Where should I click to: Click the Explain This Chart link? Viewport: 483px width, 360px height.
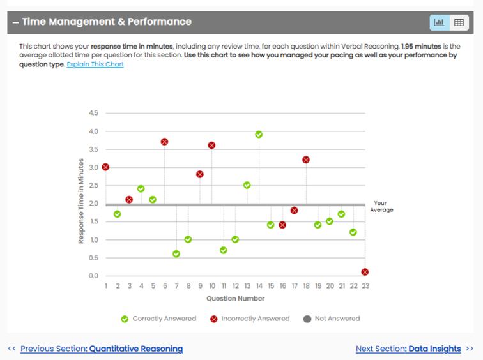coord(95,64)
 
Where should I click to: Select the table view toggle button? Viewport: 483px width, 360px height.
coord(458,22)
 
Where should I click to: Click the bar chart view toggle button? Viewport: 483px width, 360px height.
coord(440,22)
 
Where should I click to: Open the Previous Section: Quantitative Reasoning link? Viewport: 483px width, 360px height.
coord(102,349)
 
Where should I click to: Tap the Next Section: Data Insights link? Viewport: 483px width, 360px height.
coord(408,349)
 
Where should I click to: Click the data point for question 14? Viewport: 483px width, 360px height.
coord(259,135)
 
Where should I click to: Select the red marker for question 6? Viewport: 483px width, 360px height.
coord(165,142)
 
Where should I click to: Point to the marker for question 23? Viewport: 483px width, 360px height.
coord(365,272)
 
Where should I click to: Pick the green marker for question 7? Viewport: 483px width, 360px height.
coord(176,254)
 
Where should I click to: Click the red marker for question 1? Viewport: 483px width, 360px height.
coord(105,167)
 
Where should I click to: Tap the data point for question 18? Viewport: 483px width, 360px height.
coord(306,160)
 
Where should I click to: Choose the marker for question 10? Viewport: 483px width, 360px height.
coord(212,146)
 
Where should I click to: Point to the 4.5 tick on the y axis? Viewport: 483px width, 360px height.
coord(93,113)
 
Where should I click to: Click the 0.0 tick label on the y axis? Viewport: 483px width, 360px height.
coord(93,276)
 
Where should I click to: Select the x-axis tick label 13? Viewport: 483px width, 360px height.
coord(247,286)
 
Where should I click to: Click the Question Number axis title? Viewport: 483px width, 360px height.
coord(235,298)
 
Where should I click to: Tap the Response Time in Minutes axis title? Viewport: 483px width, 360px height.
coord(81,200)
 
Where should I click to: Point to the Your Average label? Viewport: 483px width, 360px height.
coord(381,206)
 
